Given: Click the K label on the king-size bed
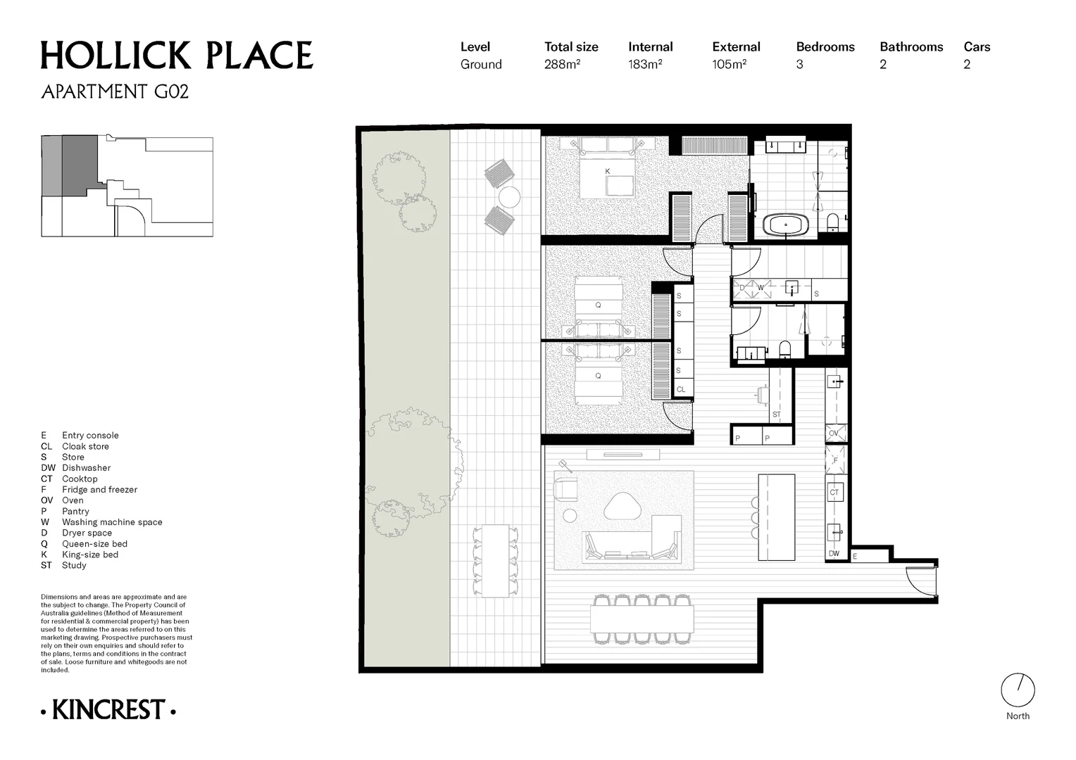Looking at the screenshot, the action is coord(607,172).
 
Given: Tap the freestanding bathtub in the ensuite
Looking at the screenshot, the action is coord(786,224).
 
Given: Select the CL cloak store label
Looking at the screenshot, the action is coord(681,389).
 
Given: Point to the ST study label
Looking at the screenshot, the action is coord(776,414).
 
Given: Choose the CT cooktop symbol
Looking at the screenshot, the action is coord(834,493).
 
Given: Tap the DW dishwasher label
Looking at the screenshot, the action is coord(834,554).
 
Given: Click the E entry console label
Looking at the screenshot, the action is coord(855,557).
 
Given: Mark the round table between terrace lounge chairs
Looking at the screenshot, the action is coord(509,197).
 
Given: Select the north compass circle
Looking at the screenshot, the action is coord(1018,690).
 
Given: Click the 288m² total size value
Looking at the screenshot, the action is coord(562,64).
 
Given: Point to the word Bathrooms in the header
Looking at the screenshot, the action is coord(911,47).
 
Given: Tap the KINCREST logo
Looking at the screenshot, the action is coord(108,709).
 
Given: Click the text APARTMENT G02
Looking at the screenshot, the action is coord(115,91).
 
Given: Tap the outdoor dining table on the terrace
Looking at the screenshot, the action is coord(495,562).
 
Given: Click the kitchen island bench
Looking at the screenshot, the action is coord(776,517).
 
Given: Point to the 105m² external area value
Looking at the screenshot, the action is coord(729,64).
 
